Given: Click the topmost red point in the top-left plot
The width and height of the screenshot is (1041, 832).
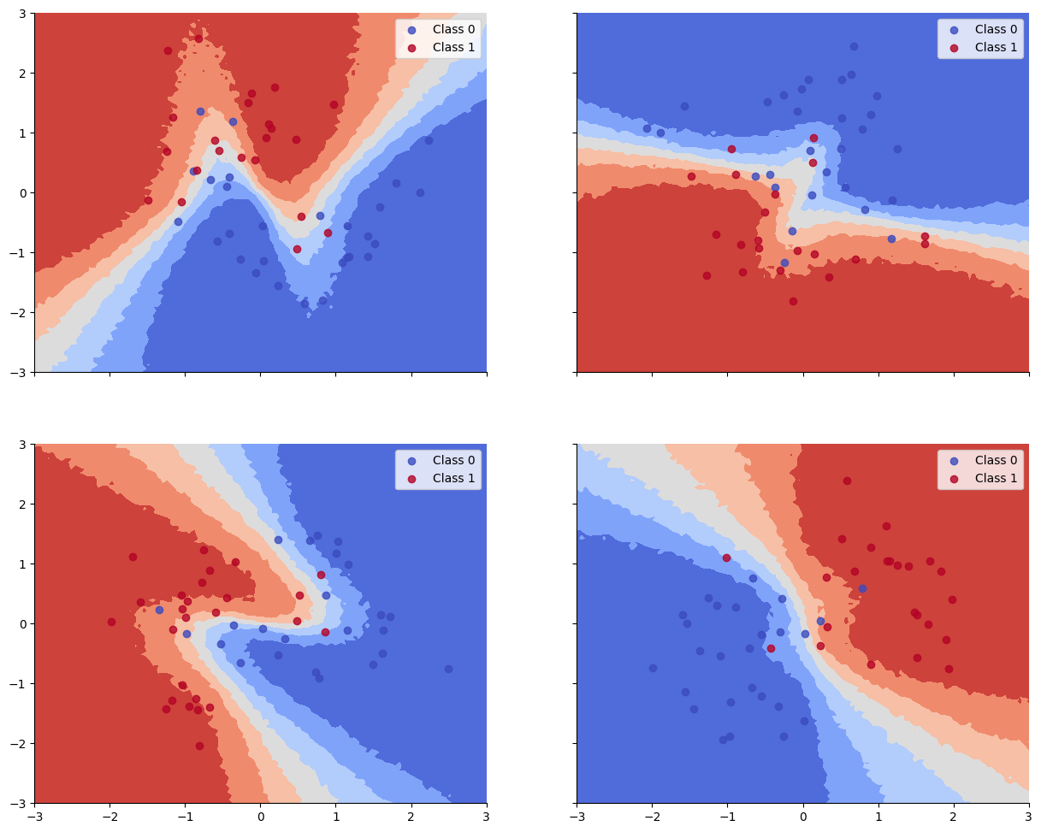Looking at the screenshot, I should point(198,38).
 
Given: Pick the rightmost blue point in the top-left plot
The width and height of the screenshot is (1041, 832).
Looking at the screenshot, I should point(429,140).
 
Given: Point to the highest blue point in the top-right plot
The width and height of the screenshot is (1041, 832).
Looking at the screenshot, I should point(854,46).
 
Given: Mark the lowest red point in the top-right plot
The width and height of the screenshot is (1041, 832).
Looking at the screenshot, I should point(793,301).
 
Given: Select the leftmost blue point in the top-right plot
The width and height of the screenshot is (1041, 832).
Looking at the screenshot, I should point(647,128).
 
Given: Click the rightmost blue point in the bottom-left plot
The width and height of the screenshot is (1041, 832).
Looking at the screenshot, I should point(448,669).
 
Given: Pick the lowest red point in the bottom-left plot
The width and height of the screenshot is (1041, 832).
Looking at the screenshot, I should point(199,746).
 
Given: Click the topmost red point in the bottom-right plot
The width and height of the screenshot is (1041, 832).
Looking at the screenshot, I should point(847,481).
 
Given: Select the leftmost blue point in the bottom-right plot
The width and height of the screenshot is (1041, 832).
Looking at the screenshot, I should point(653,668).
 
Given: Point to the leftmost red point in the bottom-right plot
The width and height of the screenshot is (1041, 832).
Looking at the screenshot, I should point(726,558).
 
